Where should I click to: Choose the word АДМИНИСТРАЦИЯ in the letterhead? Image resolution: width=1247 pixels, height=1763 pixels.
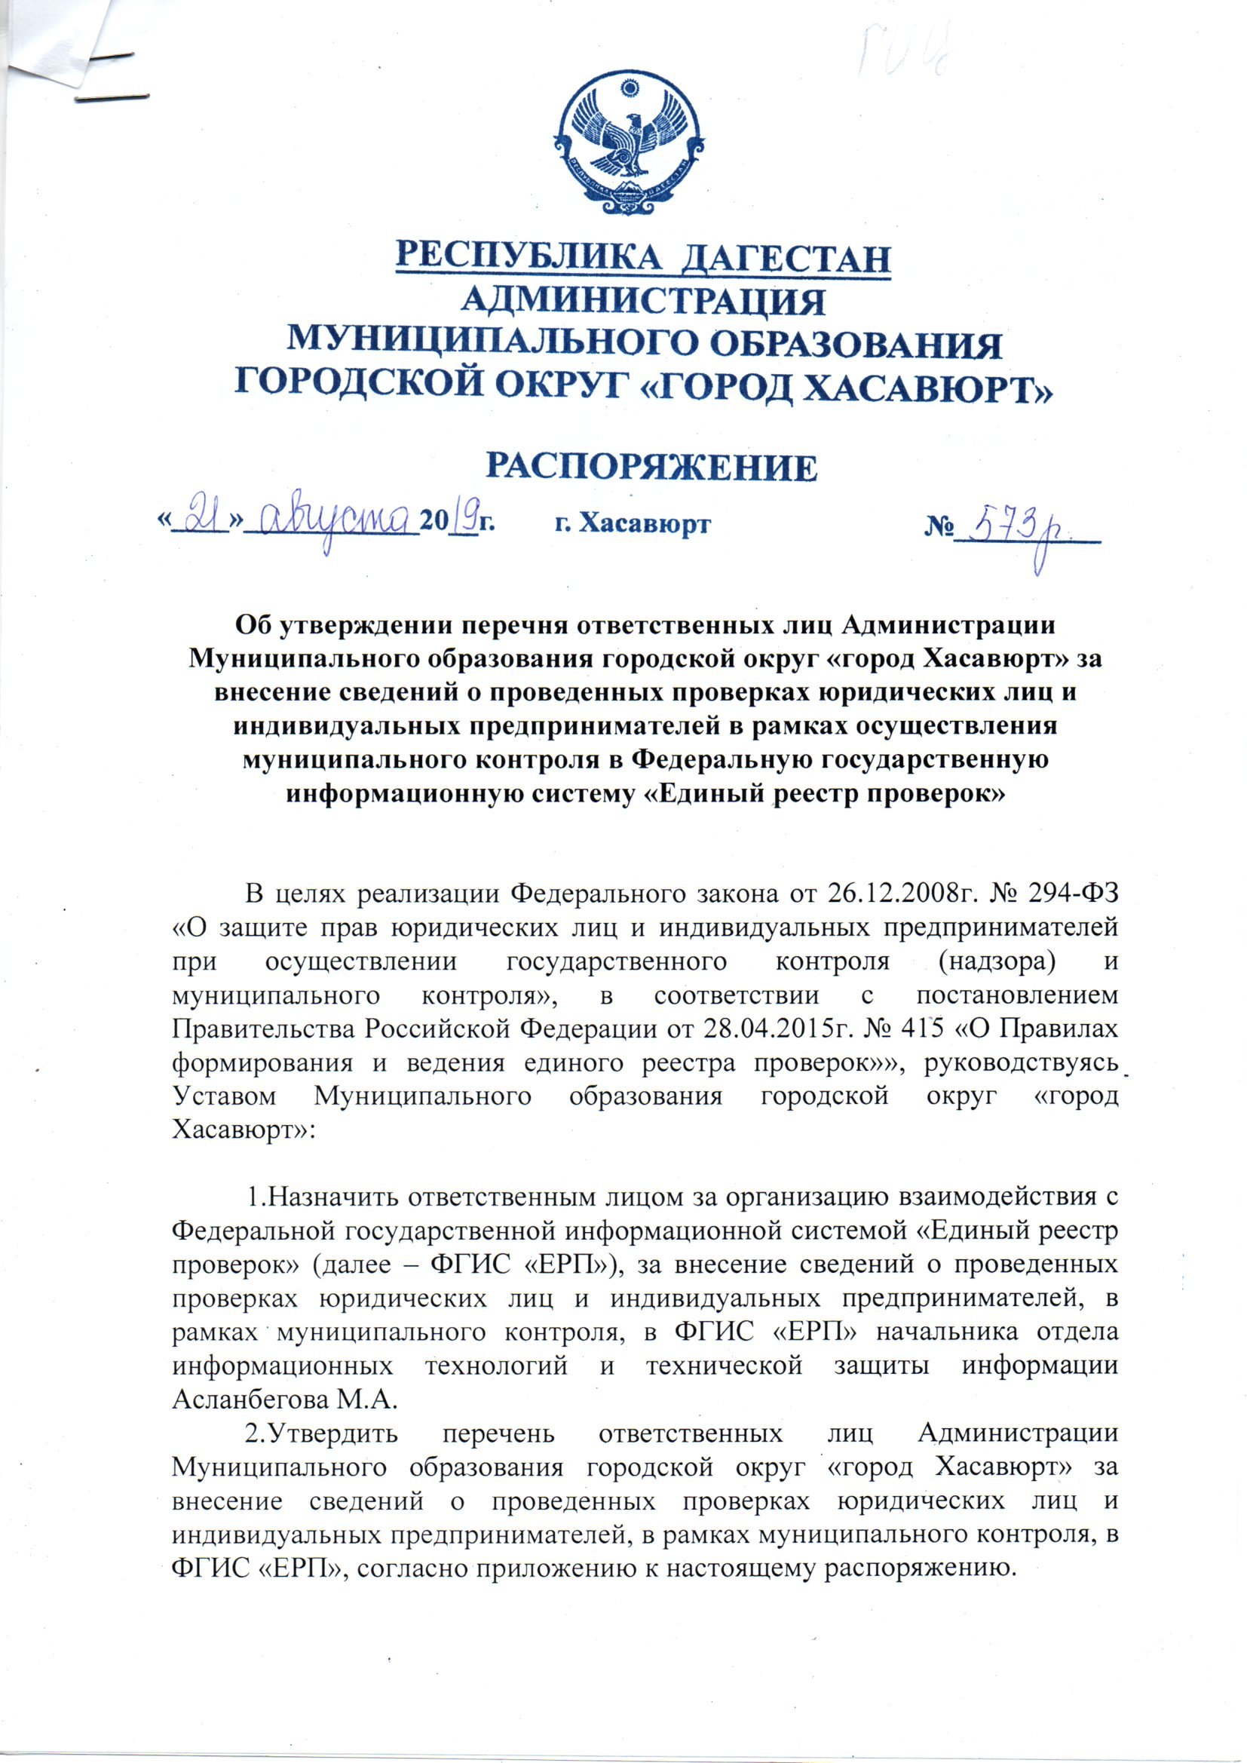642,301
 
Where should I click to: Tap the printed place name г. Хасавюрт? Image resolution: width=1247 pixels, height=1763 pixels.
632,523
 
